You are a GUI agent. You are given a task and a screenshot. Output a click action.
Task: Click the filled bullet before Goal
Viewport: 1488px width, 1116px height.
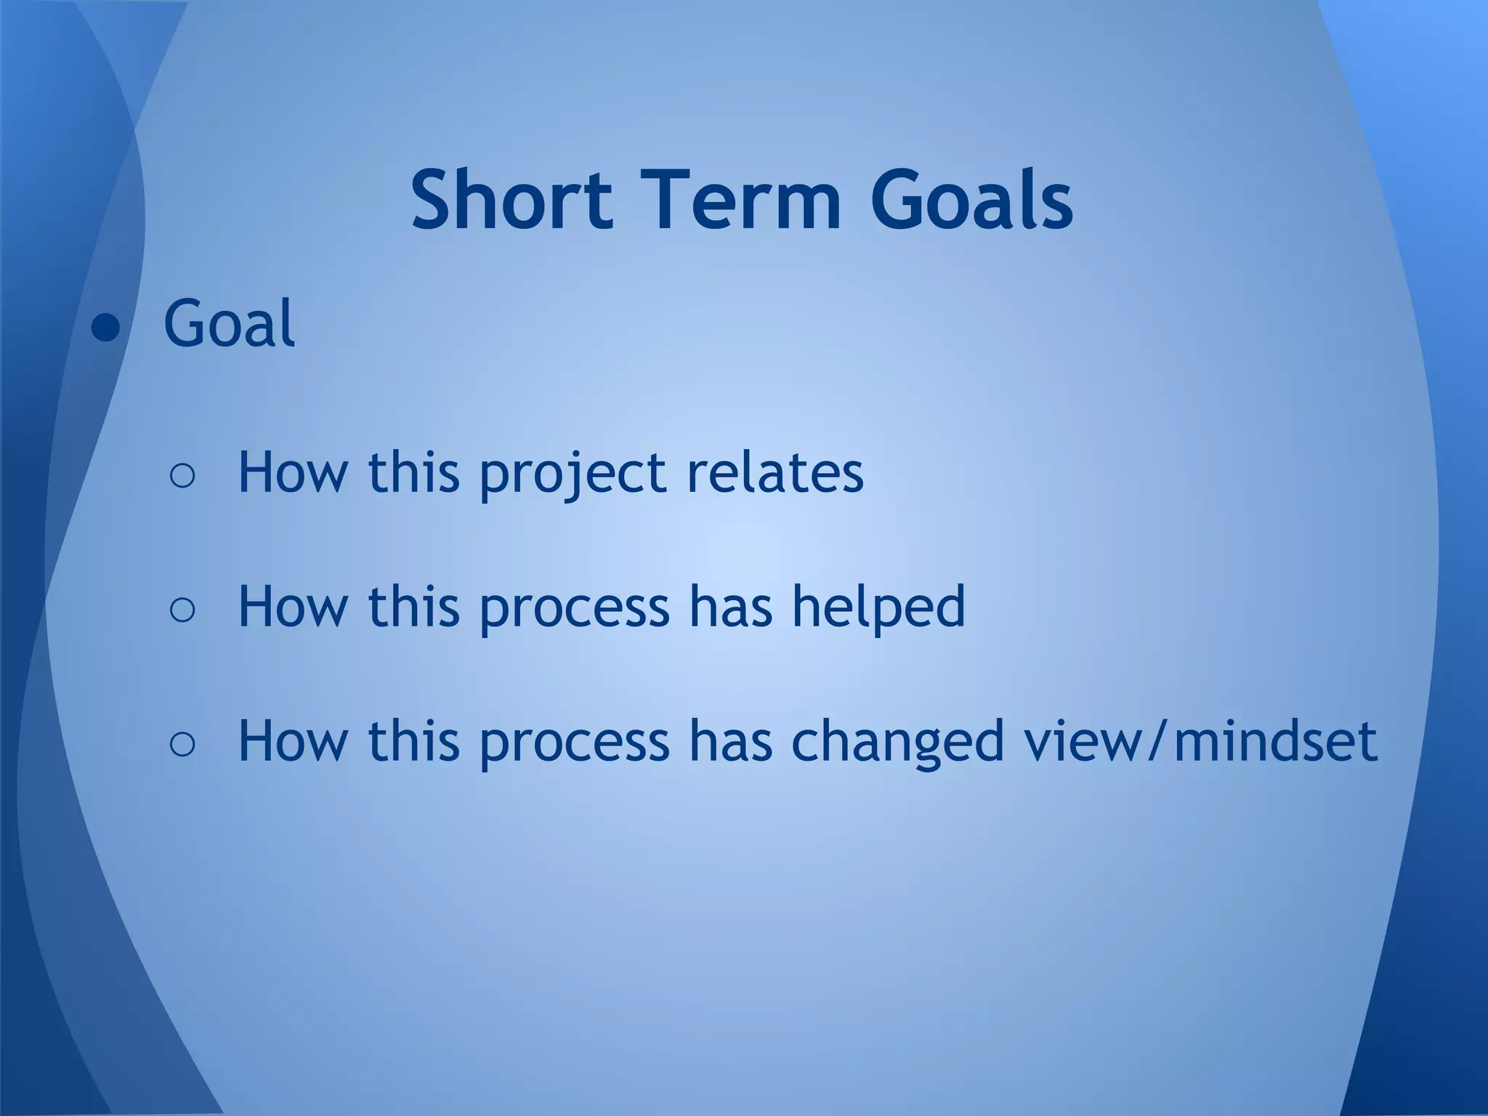105,328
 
